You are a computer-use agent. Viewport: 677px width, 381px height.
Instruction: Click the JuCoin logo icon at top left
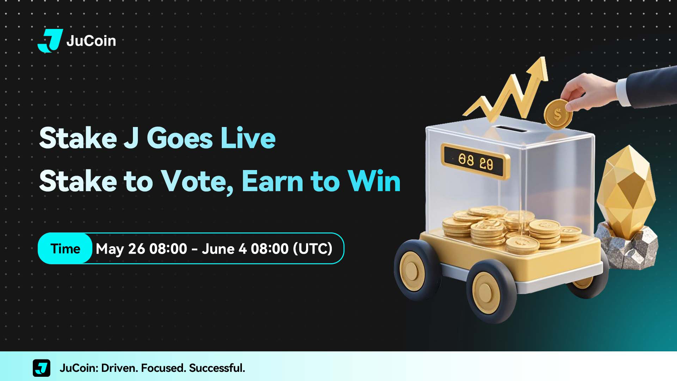pyautogui.click(x=50, y=41)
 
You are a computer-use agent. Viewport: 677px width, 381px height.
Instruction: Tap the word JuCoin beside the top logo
pyautogui.click(x=91, y=41)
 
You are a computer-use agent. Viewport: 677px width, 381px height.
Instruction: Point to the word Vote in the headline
pyautogui.click(x=197, y=181)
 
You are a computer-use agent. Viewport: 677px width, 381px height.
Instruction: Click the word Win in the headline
pyautogui.click(x=374, y=181)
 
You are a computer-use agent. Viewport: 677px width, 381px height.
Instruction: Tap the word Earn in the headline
pyautogui.click(x=272, y=181)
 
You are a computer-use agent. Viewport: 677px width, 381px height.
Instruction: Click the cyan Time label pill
pyautogui.click(x=65, y=248)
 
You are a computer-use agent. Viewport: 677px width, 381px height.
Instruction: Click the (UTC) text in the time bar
pyautogui.click(x=313, y=249)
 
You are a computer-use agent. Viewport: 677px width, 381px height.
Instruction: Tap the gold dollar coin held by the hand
pyautogui.click(x=557, y=114)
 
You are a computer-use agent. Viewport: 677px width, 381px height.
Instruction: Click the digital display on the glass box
pyautogui.click(x=475, y=161)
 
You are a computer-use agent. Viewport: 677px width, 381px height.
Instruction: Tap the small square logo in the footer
pyautogui.click(x=42, y=368)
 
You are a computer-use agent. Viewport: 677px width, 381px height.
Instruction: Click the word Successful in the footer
pyautogui.click(x=217, y=368)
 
